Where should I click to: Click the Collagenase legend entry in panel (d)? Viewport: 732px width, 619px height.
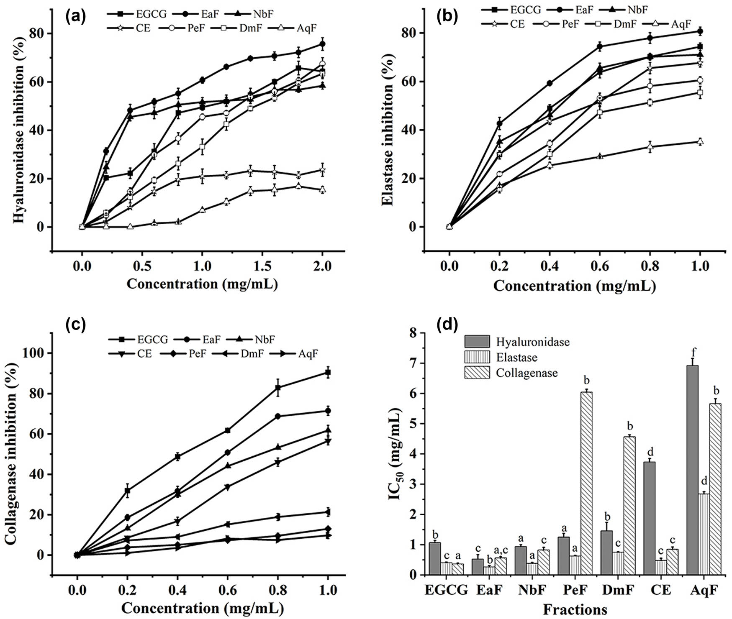[527, 373]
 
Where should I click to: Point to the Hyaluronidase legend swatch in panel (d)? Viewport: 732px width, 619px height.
[477, 342]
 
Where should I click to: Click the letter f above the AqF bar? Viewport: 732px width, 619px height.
[693, 351]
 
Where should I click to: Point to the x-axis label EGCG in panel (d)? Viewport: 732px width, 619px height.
[446, 590]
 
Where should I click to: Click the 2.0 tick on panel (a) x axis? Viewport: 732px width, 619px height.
[322, 266]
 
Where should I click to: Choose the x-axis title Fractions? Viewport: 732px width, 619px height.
[575, 609]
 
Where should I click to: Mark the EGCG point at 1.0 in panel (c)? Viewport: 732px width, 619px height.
[328, 372]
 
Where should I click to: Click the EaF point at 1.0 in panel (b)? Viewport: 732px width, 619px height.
[700, 31]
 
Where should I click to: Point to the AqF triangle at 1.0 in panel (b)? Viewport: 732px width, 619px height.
[700, 142]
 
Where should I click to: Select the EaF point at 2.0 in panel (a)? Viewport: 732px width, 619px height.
[322, 44]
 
